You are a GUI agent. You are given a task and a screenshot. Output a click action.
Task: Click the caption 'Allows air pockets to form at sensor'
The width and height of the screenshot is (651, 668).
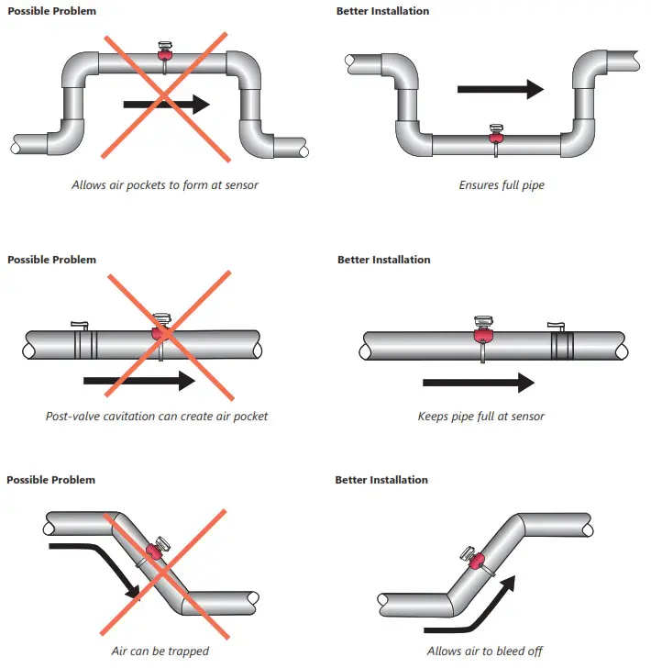point(165,184)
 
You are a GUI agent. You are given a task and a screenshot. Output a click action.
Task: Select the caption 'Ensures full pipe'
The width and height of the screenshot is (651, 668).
point(501,184)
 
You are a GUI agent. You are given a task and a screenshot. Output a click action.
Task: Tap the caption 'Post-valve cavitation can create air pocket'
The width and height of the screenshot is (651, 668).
point(157,416)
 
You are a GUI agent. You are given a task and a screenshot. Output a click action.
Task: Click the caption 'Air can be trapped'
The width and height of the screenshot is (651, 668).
point(160,651)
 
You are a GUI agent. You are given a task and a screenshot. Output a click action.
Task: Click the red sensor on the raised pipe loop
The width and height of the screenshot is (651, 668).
point(166,54)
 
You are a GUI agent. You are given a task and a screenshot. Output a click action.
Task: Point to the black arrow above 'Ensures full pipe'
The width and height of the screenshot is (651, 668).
point(500,89)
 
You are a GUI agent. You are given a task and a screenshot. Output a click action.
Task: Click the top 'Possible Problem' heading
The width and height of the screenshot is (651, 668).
point(51,11)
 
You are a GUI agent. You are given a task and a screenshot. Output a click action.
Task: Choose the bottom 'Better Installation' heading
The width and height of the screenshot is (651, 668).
point(381,480)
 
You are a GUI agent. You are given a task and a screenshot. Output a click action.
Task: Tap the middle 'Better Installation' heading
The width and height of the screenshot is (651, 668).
point(383,260)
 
